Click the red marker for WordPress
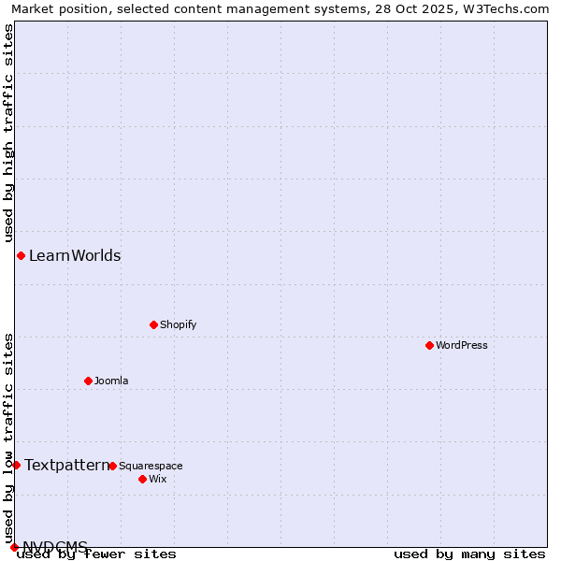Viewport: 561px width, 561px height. (x=429, y=345)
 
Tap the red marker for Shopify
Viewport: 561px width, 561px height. (x=153, y=324)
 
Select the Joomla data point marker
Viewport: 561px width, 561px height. (x=88, y=381)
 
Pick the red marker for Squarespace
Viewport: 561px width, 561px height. (x=112, y=466)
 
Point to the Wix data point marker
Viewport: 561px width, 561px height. (x=142, y=479)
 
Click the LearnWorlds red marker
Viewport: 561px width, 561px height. (x=21, y=255)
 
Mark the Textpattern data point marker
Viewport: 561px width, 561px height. (x=16, y=465)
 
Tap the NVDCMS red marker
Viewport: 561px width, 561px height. (x=14, y=547)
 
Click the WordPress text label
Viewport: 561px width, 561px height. (x=462, y=345)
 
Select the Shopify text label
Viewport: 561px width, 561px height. (x=178, y=324)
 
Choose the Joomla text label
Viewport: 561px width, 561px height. (x=111, y=381)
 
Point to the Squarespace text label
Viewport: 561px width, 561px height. (x=151, y=466)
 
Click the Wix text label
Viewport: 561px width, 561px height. (x=157, y=479)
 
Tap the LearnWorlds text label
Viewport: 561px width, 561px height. (x=75, y=255)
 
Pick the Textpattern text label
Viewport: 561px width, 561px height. (x=66, y=465)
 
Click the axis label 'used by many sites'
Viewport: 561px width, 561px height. (x=469, y=554)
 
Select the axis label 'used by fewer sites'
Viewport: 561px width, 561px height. (x=97, y=554)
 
